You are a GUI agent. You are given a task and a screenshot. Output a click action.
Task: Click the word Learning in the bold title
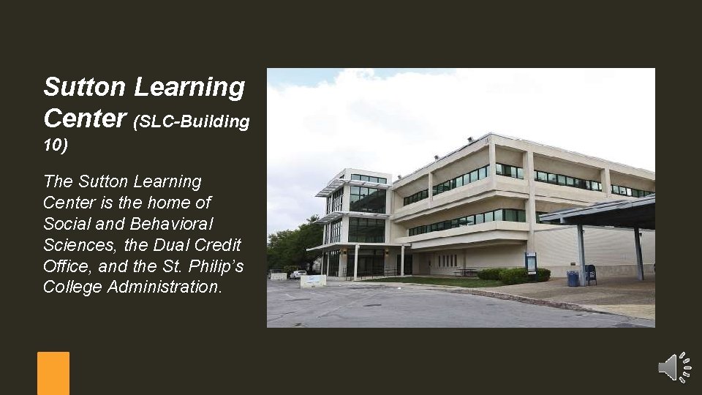[189, 87]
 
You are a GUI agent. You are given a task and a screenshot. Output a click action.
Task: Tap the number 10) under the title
[56, 146]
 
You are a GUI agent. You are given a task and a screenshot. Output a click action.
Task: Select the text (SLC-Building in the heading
[192, 121]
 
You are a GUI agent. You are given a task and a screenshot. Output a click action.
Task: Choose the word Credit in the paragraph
[216, 244]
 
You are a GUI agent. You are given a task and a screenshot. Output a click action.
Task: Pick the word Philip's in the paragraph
[216, 265]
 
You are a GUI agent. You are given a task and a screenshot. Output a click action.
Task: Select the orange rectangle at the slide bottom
[53, 373]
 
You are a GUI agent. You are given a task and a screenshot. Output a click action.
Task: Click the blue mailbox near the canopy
[590, 274]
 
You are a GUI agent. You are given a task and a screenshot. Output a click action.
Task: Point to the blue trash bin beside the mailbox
[573, 278]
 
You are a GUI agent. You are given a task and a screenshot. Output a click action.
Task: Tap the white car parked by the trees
[298, 274]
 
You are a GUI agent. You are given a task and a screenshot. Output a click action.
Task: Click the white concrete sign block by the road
[313, 281]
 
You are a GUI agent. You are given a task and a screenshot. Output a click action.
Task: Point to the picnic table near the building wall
[467, 273]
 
